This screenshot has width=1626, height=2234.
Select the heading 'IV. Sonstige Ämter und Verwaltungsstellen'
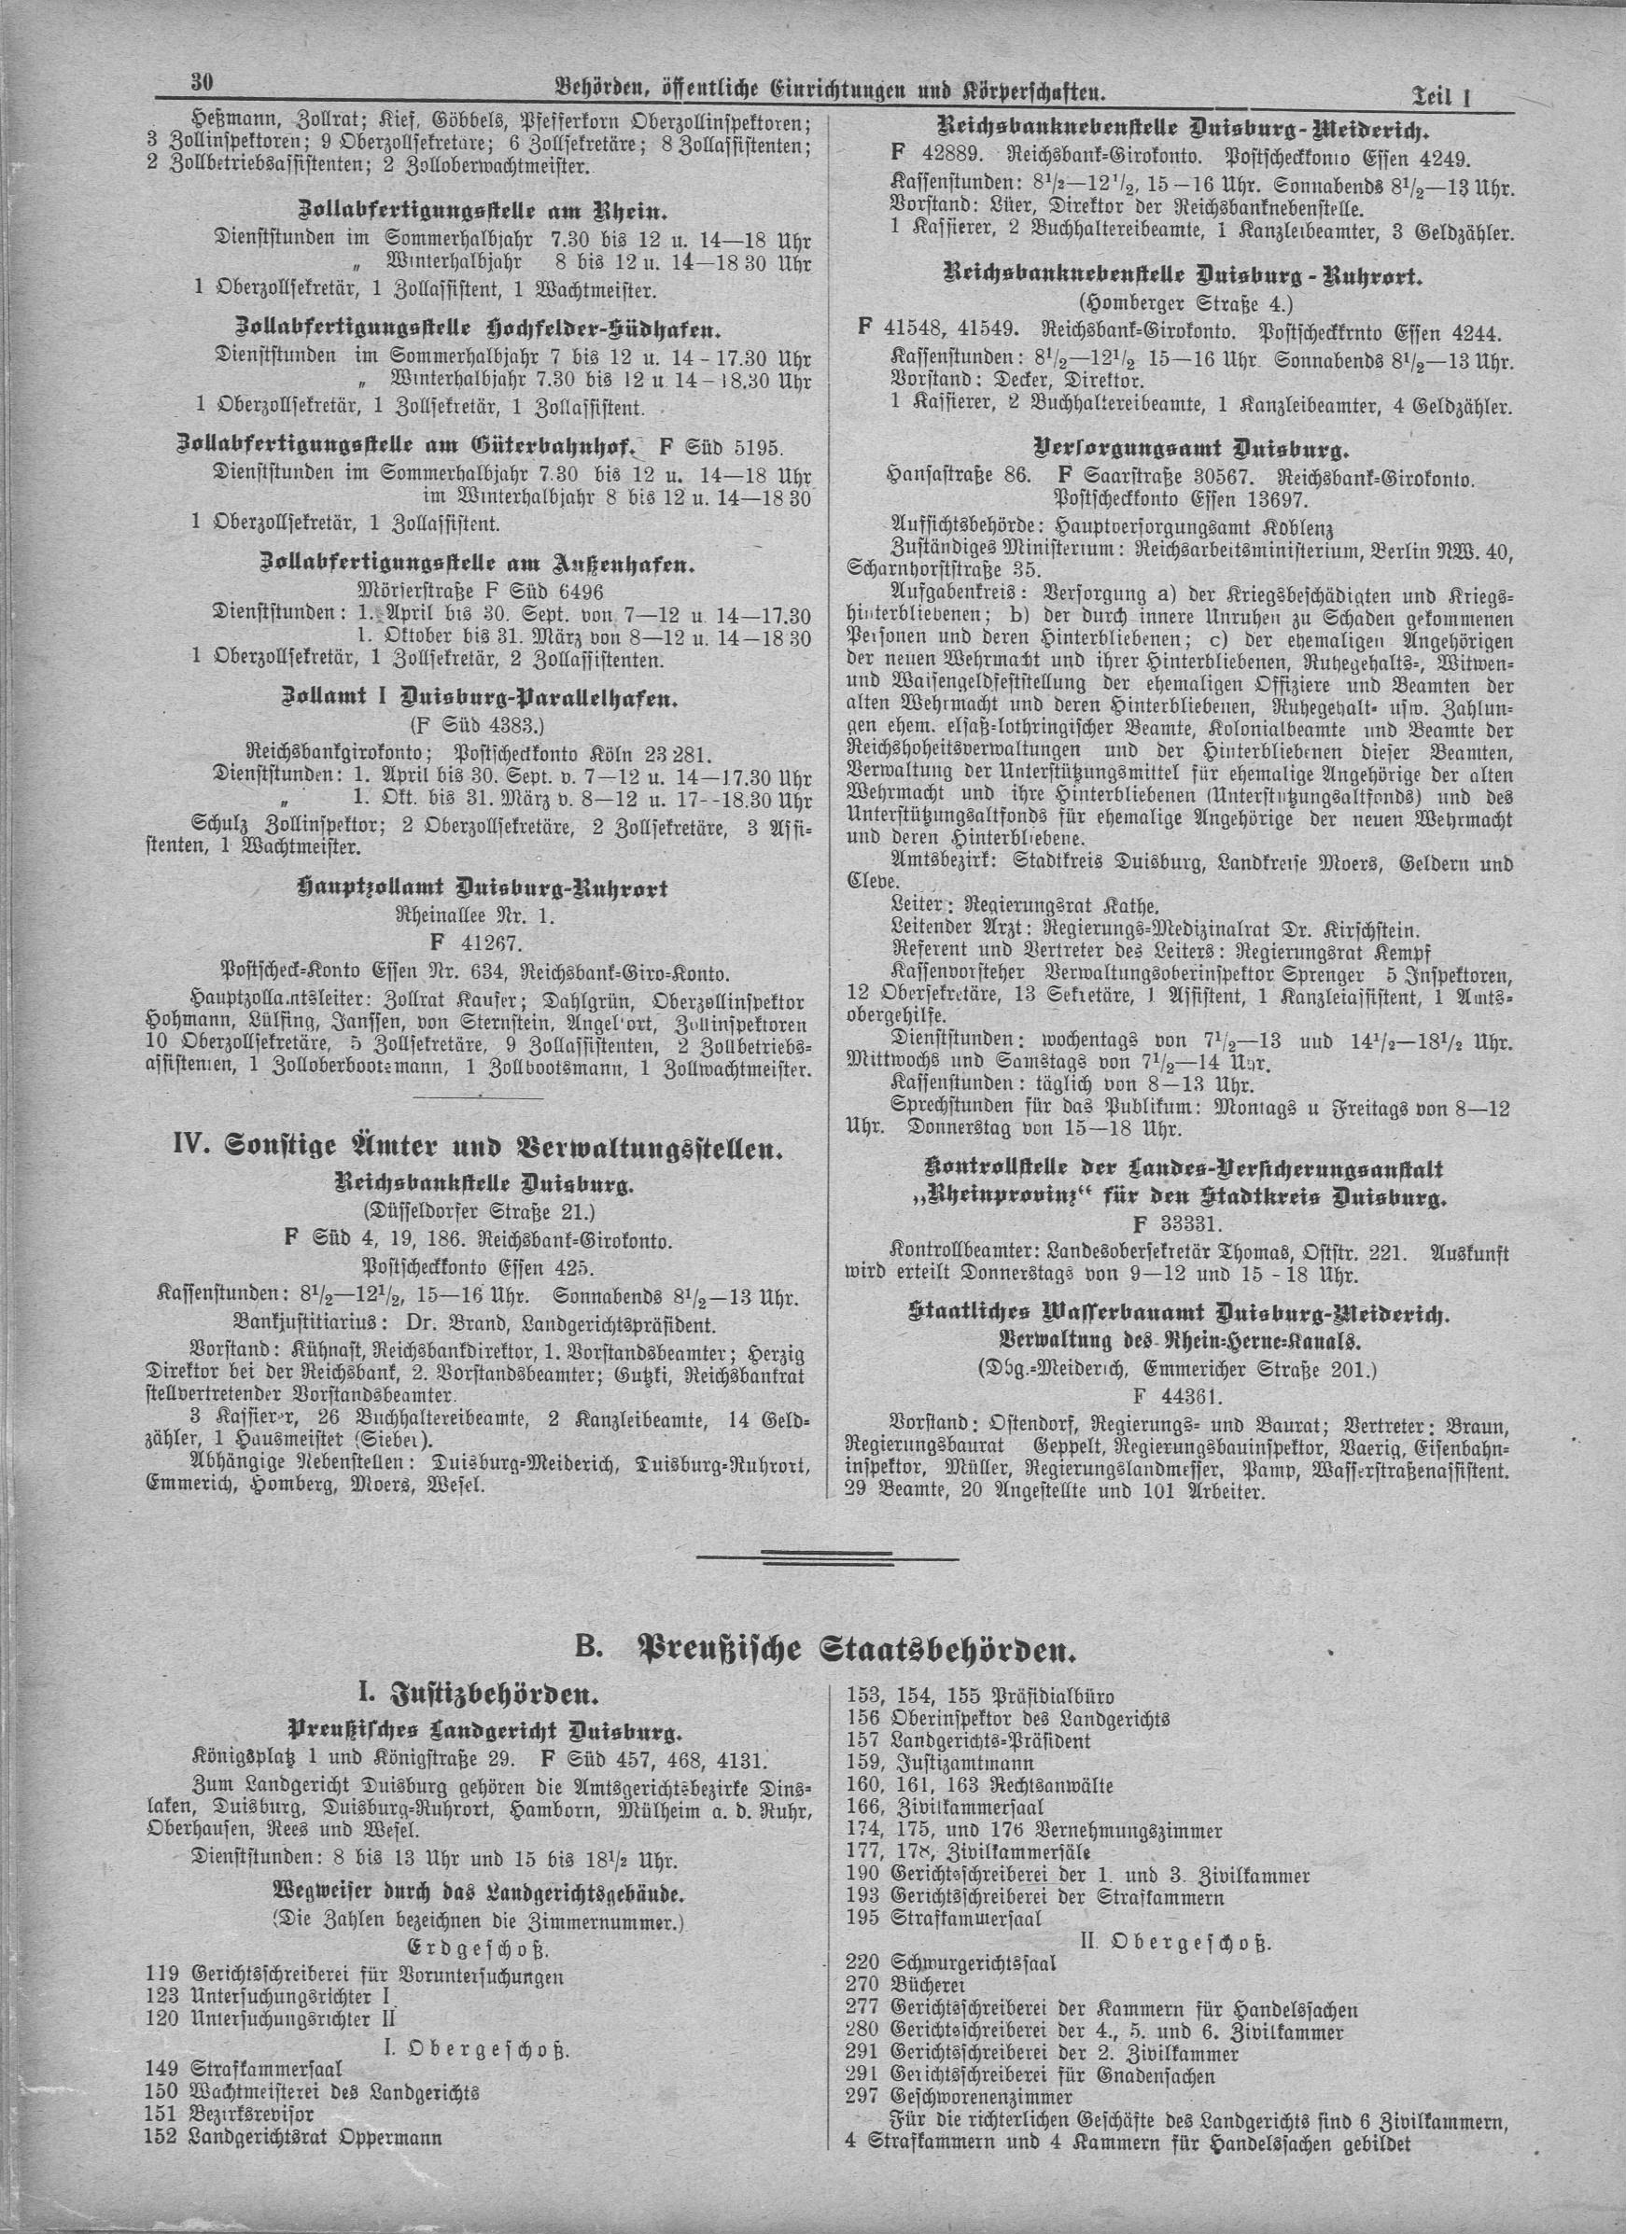[x=478, y=1150]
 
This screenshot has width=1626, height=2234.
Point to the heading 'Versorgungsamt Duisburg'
[x=1190, y=452]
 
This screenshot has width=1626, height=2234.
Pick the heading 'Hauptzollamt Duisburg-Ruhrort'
[x=482, y=888]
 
